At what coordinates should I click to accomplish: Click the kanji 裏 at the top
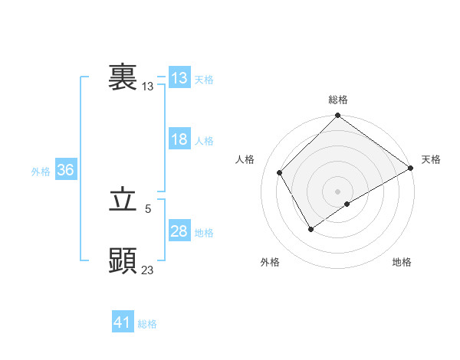click(x=123, y=78)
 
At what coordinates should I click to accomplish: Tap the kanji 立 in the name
click(x=123, y=200)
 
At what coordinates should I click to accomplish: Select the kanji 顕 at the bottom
click(x=123, y=261)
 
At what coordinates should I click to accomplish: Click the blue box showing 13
click(x=179, y=78)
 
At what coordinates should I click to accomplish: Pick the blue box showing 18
click(x=179, y=139)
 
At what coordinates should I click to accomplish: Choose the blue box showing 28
click(x=179, y=231)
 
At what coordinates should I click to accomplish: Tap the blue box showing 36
click(x=65, y=170)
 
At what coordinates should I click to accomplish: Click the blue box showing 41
click(x=123, y=322)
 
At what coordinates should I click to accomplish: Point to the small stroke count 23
click(x=148, y=270)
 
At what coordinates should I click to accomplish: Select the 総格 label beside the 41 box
click(x=147, y=324)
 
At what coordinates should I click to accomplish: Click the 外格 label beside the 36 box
click(x=41, y=172)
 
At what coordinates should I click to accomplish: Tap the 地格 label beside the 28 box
click(x=204, y=233)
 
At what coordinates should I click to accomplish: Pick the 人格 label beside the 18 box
click(x=204, y=141)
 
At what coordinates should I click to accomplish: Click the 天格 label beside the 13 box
click(x=204, y=80)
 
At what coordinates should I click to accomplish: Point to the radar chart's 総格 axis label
click(x=338, y=100)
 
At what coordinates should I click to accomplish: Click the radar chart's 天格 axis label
click(x=431, y=159)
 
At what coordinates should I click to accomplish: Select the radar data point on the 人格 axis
click(x=280, y=172)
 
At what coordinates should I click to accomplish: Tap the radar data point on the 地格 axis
click(x=347, y=204)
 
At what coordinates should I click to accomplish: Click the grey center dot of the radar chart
click(x=338, y=191)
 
